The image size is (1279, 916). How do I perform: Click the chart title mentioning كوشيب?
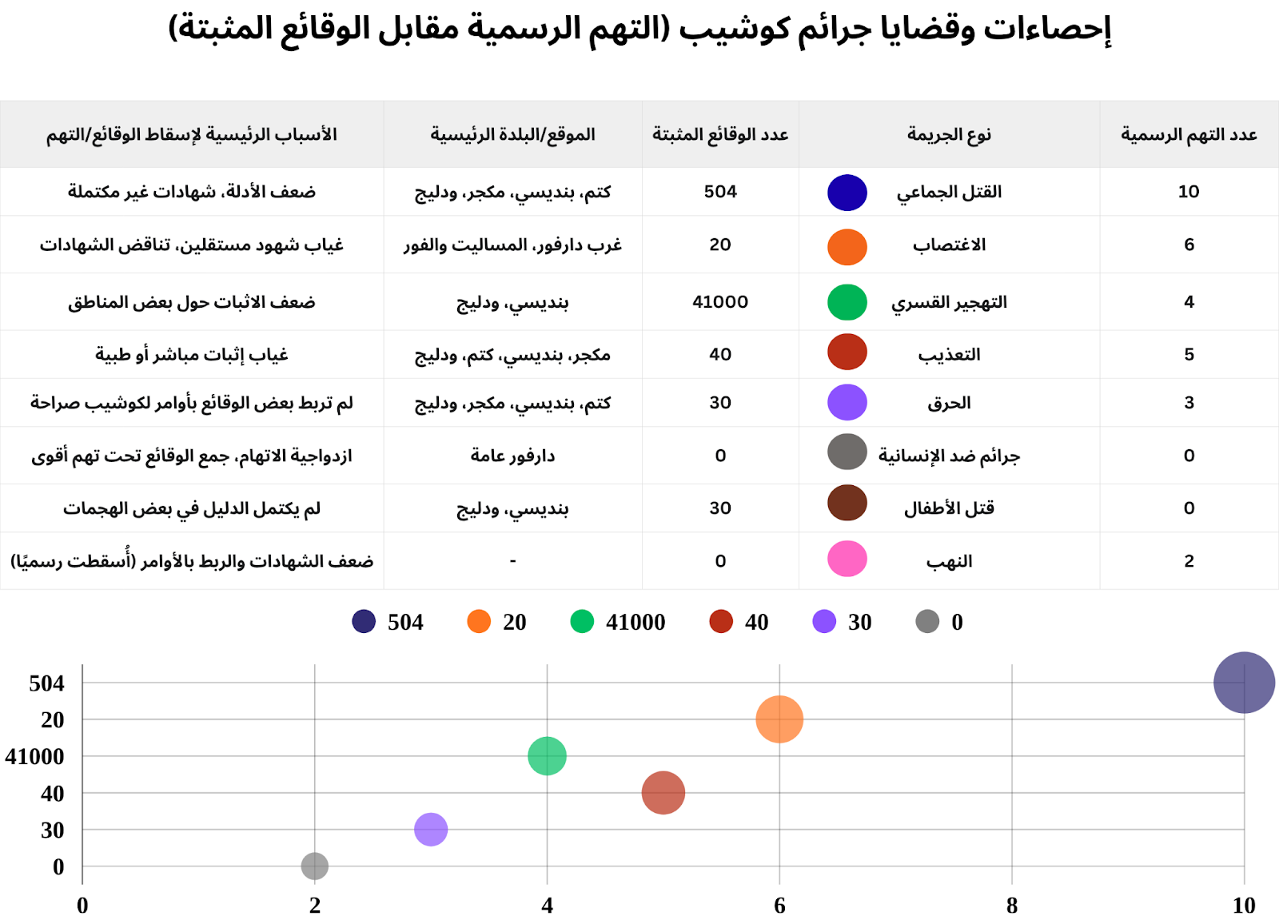[x=639, y=29]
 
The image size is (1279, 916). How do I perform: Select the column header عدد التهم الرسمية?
[x=1189, y=134]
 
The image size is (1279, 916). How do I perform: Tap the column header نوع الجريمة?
[x=949, y=134]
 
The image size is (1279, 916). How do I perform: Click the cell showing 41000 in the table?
[x=720, y=302]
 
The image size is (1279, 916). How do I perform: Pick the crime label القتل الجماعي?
[x=949, y=192]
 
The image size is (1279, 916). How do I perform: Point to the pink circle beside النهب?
[x=847, y=560]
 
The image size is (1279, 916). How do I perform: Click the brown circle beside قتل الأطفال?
[x=847, y=504]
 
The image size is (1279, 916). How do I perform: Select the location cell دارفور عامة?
[x=512, y=456]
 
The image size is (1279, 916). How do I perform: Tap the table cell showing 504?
[x=720, y=192]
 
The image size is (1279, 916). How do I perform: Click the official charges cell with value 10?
[x=1189, y=192]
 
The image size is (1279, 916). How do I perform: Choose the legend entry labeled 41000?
[x=619, y=622]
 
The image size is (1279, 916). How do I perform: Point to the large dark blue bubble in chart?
[x=1244, y=683]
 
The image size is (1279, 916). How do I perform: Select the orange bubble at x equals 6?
[x=779, y=719]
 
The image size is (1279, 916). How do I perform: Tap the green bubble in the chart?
[x=547, y=756]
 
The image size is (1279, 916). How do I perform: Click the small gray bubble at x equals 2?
[x=315, y=866]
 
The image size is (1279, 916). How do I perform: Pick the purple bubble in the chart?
[x=431, y=830]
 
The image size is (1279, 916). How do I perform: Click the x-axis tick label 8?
[x=1012, y=905]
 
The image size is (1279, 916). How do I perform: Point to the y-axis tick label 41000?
[x=35, y=756]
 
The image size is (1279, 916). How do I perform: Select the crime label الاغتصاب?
[x=949, y=245]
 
